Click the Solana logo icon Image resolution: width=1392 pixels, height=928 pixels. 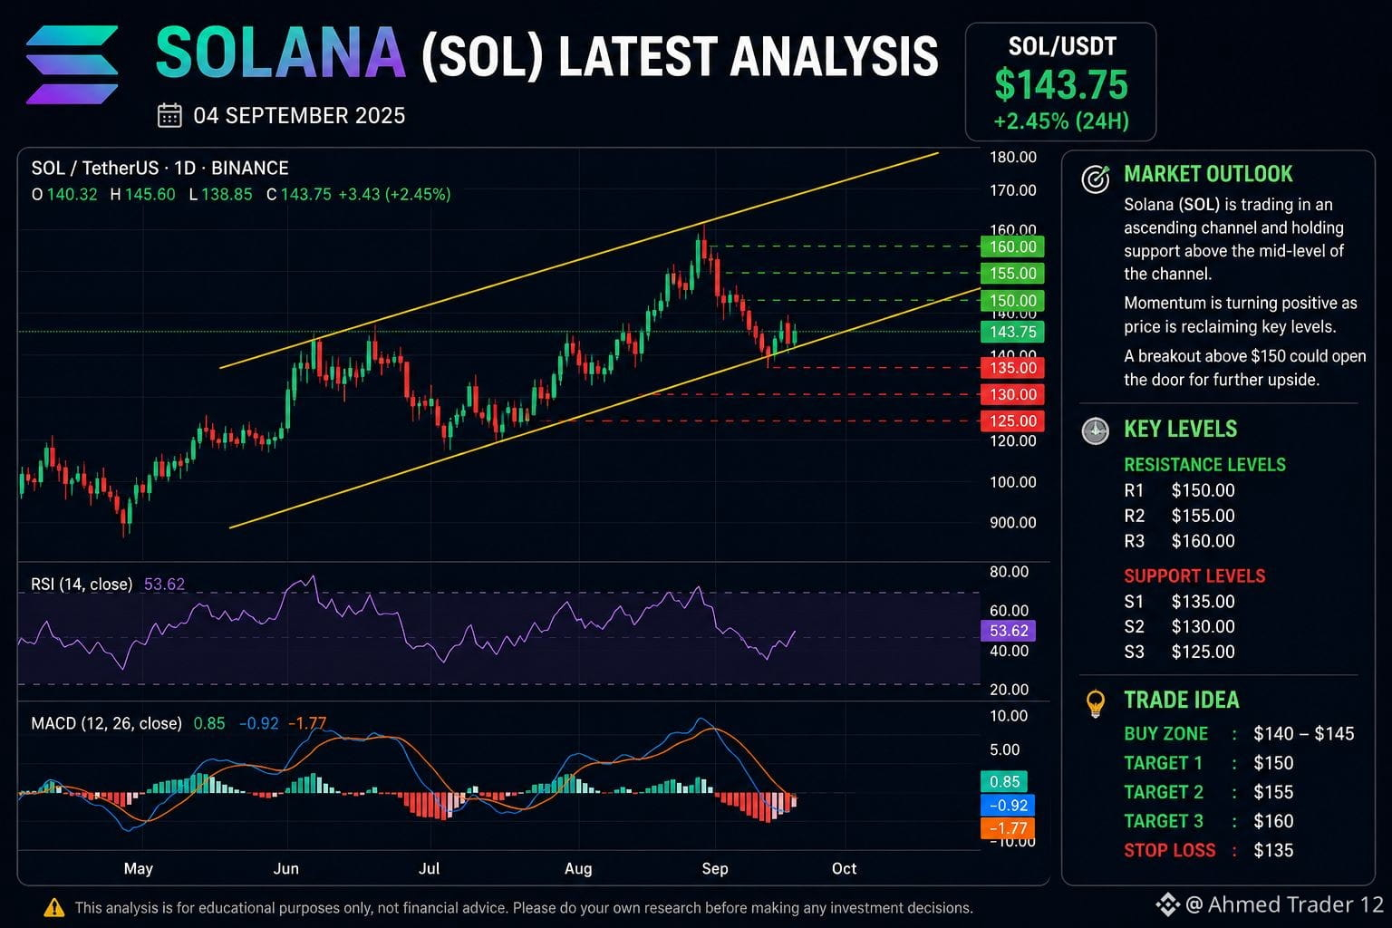click(x=72, y=64)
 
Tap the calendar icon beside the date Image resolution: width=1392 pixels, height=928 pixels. click(x=169, y=116)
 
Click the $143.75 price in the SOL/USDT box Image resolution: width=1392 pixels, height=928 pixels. click(x=1061, y=85)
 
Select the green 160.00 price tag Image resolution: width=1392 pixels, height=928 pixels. click(x=1012, y=246)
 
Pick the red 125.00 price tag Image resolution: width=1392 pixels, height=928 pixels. click(x=1012, y=420)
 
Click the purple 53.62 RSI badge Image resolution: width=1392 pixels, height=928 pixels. click(x=1008, y=631)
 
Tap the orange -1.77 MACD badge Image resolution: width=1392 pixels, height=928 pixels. click(x=1008, y=828)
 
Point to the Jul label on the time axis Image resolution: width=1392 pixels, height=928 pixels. click(x=429, y=868)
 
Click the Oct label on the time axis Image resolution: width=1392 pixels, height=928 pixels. click(x=844, y=868)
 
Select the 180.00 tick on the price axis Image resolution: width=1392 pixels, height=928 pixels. click(x=1013, y=157)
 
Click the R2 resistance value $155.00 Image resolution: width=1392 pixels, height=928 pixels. click(x=1203, y=516)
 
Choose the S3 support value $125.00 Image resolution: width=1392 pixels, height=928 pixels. click(x=1203, y=652)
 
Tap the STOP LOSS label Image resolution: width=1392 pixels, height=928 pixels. click(x=1170, y=850)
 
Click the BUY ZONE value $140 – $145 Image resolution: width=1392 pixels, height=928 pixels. click(x=1304, y=734)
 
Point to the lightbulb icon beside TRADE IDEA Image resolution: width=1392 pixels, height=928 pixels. click(x=1095, y=703)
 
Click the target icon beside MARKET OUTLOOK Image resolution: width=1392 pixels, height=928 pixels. click(x=1095, y=179)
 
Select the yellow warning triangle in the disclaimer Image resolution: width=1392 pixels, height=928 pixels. click(x=54, y=907)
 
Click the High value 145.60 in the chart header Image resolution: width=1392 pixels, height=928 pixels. click(x=150, y=195)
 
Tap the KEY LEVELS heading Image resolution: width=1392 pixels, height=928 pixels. click(x=1181, y=429)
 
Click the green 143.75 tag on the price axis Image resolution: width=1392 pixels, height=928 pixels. click(x=1012, y=332)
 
